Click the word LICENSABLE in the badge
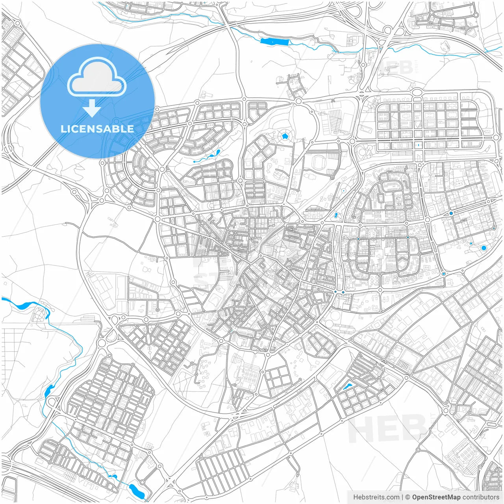pos(97,129)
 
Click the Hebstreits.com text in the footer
pos(376,497)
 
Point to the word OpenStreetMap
pos(436,497)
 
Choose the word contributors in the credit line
pos(481,497)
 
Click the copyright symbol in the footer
pos(408,497)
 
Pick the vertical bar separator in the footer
pos(402,497)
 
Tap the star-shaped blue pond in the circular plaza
pos(285,136)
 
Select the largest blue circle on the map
pos(484,248)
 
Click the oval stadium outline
pos(318,161)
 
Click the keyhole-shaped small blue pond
pos(336,215)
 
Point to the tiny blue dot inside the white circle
pos(344,191)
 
